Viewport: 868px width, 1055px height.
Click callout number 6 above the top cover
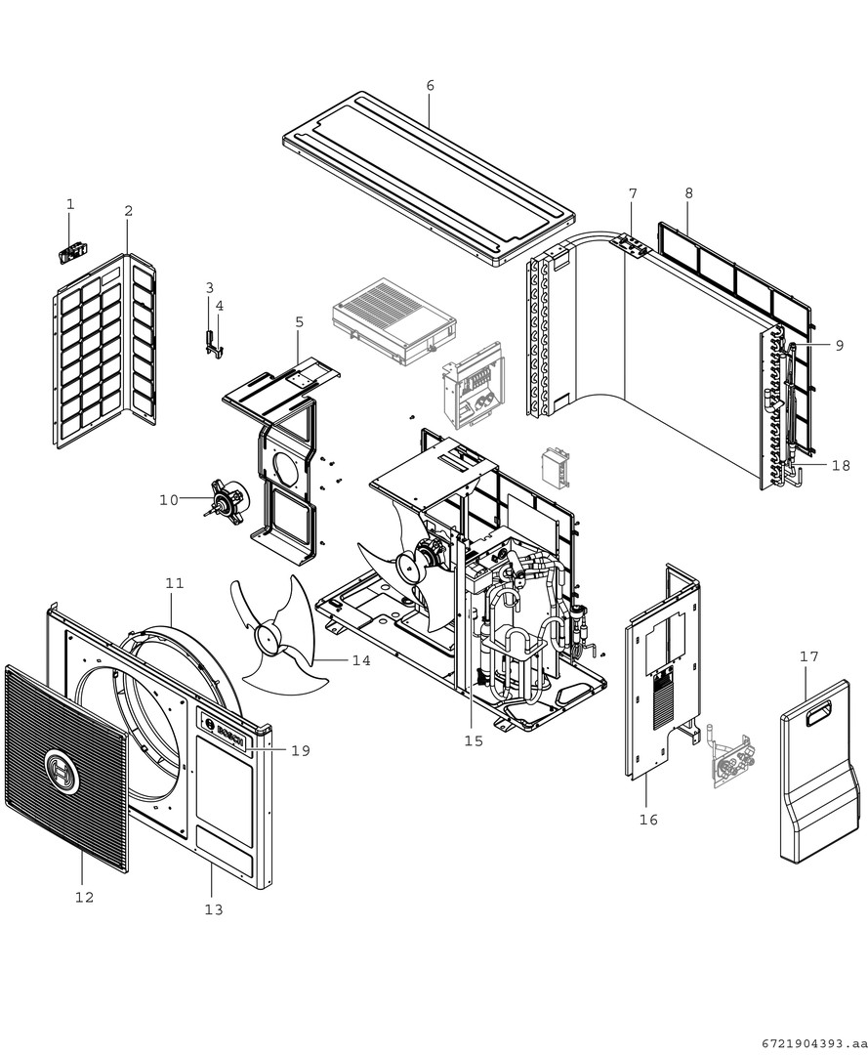[430, 86]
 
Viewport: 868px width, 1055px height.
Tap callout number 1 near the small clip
[70, 204]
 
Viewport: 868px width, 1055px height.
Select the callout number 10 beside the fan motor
[168, 500]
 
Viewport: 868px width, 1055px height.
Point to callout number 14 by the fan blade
[361, 661]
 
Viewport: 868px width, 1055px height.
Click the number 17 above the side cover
[808, 657]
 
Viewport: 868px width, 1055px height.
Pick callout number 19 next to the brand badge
[300, 750]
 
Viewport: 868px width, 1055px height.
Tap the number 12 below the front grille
[84, 897]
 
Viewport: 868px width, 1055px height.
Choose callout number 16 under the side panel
[648, 820]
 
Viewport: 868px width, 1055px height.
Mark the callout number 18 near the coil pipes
[842, 466]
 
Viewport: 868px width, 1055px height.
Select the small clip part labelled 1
[69, 253]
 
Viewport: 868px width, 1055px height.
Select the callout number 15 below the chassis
[474, 741]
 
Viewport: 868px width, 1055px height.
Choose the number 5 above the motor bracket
[299, 321]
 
